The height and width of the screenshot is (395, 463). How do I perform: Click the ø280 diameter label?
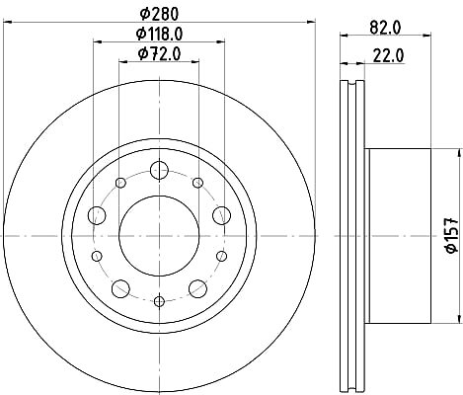[159, 14]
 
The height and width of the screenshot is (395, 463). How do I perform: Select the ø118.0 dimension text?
[160, 34]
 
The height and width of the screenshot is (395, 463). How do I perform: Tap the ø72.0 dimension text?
[160, 53]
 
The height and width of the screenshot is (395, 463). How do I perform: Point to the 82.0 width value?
[385, 28]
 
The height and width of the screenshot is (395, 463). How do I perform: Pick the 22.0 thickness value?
[388, 55]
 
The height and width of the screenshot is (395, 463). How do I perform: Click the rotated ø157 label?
[452, 235]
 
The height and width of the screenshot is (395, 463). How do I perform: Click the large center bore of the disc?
[159, 236]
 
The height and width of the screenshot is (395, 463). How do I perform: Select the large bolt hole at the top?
[159, 170]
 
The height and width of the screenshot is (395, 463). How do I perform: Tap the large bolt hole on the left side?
[97, 215]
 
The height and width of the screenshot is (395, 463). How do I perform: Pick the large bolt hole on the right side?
[222, 215]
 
